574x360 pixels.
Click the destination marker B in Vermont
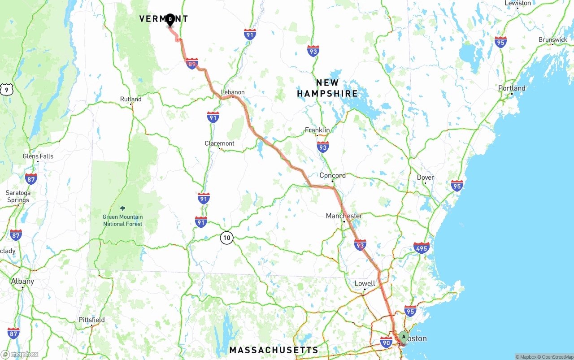pyautogui.click(x=170, y=20)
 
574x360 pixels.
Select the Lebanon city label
pyautogui.click(x=233, y=92)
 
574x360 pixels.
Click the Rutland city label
pyautogui.click(x=130, y=99)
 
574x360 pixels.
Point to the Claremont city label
pyautogui.click(x=219, y=143)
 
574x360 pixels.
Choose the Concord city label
pyautogui.click(x=332, y=175)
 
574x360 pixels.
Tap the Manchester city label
pyautogui.click(x=344, y=216)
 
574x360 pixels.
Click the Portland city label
pyautogui.click(x=512, y=88)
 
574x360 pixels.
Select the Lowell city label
pyautogui.click(x=365, y=283)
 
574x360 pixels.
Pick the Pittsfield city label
pyautogui.click(x=91, y=320)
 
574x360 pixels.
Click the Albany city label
pyautogui.click(x=22, y=282)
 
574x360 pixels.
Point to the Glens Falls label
pyautogui.click(x=38, y=156)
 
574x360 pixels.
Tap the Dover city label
pyautogui.click(x=425, y=178)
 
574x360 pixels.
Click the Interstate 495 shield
pyautogui.click(x=422, y=248)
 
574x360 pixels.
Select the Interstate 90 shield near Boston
pyautogui.click(x=386, y=343)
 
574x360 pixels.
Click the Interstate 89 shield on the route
pyautogui.click(x=192, y=64)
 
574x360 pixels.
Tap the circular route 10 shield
pyautogui.click(x=227, y=238)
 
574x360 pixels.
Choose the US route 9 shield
pyautogui.click(x=6, y=90)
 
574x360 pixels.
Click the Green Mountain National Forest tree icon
pyautogui.click(x=123, y=209)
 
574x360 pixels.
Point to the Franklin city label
pyautogui.click(x=317, y=130)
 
